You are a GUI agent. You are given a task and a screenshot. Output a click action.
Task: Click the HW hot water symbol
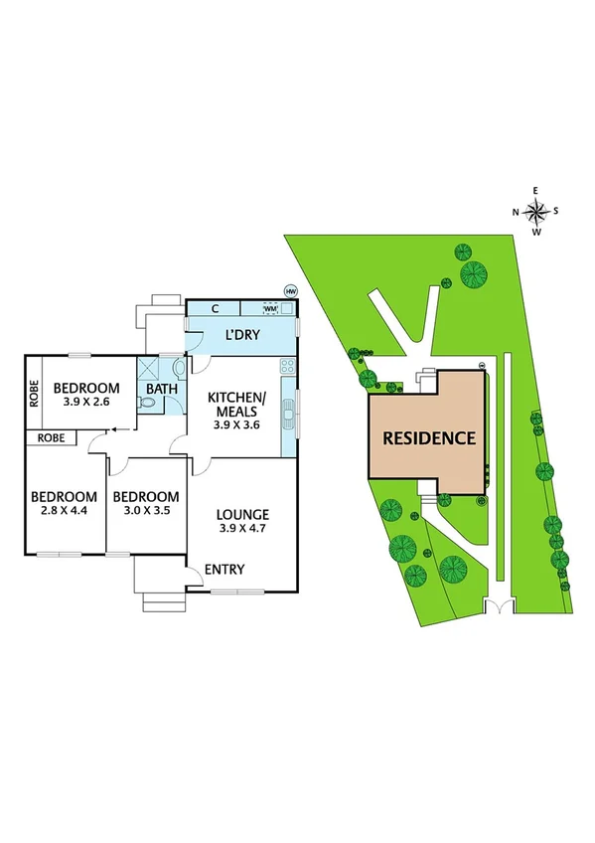[290, 290]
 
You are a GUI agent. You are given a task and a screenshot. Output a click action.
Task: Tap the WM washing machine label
[268, 309]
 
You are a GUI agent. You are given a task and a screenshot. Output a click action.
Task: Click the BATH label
[161, 389]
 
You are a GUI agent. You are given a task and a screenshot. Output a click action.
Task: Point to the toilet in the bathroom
[148, 404]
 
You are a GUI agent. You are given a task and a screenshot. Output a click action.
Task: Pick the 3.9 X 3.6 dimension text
[236, 424]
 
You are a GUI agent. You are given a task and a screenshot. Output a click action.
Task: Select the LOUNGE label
[243, 514]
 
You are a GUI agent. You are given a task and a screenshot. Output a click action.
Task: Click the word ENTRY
[224, 570]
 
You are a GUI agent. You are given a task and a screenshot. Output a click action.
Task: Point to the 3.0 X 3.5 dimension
[145, 514]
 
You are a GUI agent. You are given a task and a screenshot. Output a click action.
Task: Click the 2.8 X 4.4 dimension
[64, 514]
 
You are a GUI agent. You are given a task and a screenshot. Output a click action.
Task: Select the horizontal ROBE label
[52, 437]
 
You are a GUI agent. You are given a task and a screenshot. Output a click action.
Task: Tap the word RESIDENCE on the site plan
[430, 437]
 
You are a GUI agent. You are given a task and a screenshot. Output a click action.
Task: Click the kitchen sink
[289, 411]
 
